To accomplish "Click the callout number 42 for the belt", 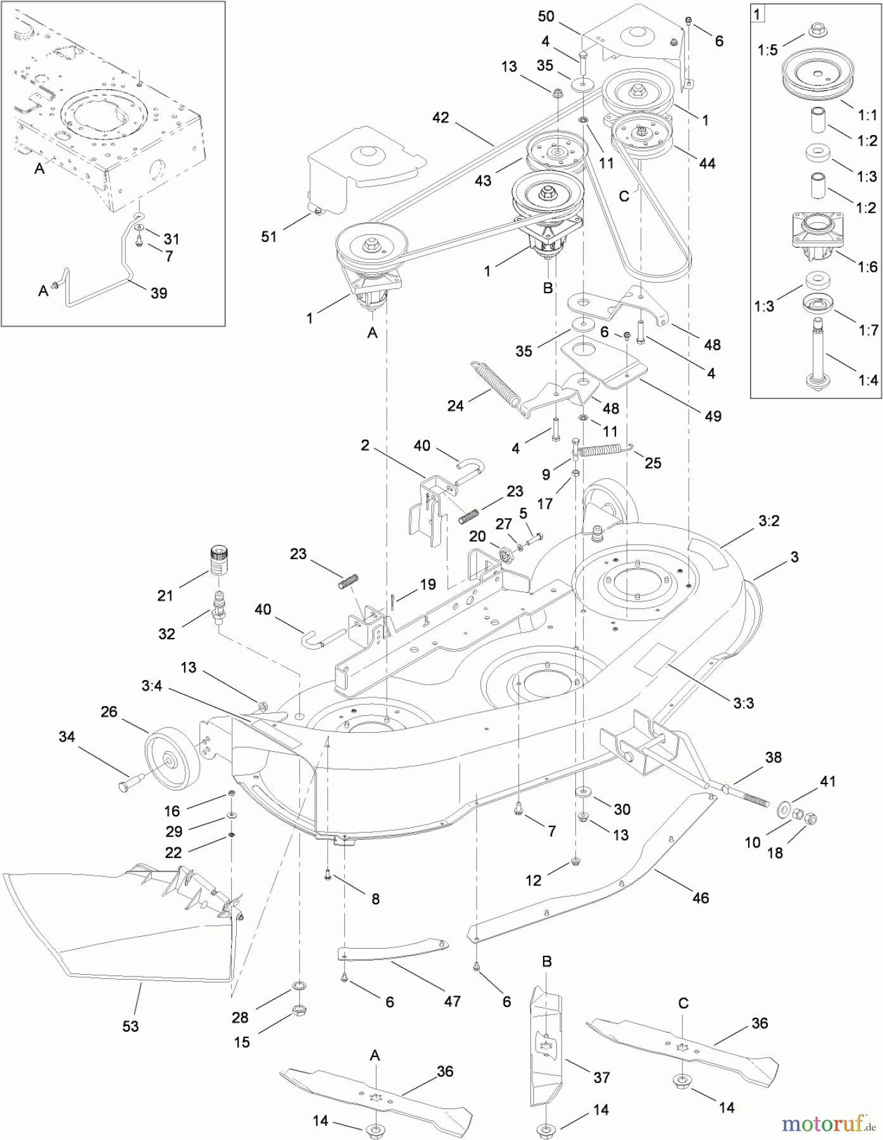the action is tap(441, 118).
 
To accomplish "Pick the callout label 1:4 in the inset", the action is tap(867, 380).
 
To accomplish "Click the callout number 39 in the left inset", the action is tap(159, 293).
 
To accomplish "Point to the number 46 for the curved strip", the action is tap(700, 897).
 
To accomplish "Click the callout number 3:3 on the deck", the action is tap(743, 703).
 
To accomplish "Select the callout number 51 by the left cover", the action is tap(269, 236).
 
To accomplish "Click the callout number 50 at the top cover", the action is tap(546, 16).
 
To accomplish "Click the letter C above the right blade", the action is tap(683, 1004).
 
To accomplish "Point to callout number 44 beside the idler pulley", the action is tap(706, 163).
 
